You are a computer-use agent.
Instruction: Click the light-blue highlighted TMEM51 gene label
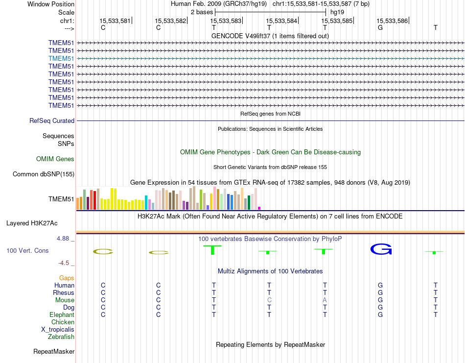(61, 58)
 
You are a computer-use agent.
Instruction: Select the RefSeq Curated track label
(52, 121)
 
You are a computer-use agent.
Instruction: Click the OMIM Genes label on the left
(55, 159)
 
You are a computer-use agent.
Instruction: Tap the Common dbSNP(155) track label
(44, 174)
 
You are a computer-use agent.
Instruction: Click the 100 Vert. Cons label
(27, 250)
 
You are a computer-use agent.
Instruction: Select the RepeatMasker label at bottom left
(54, 351)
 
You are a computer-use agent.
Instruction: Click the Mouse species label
(65, 300)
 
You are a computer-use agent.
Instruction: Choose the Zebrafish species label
(61, 337)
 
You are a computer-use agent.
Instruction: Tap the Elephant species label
(62, 315)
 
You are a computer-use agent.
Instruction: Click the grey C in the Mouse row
(269, 300)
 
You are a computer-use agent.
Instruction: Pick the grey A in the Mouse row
(325, 300)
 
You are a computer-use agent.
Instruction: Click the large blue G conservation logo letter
(381, 249)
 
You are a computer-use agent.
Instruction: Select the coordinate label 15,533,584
(281, 21)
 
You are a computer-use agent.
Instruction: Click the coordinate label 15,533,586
(392, 21)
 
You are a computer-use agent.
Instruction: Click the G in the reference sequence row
(380, 27)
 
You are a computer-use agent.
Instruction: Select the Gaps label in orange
(67, 278)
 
